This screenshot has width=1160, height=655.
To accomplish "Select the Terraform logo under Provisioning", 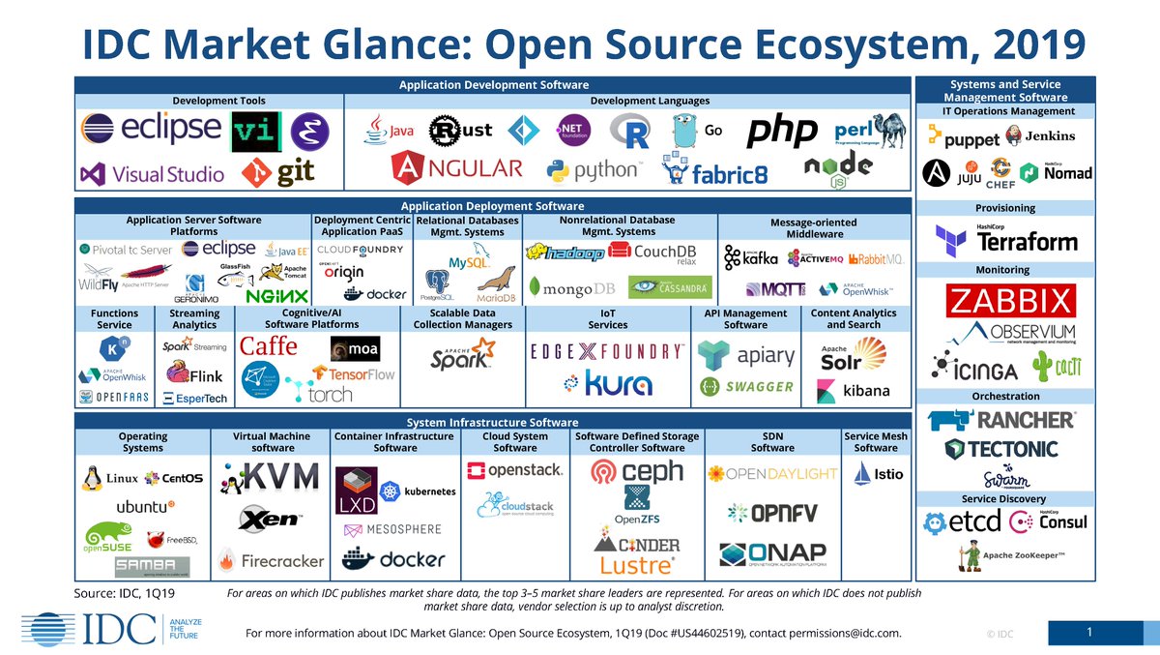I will click(x=1005, y=239).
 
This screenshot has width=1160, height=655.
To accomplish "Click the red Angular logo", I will click(x=457, y=168).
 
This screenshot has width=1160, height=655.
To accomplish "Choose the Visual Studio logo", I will click(x=153, y=175).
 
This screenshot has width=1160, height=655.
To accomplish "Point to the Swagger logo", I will click(x=746, y=387).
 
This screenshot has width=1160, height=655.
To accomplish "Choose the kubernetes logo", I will click(x=417, y=491).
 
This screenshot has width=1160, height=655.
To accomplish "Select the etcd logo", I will click(x=962, y=522).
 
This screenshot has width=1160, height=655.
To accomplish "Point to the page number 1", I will click(x=1088, y=633).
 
